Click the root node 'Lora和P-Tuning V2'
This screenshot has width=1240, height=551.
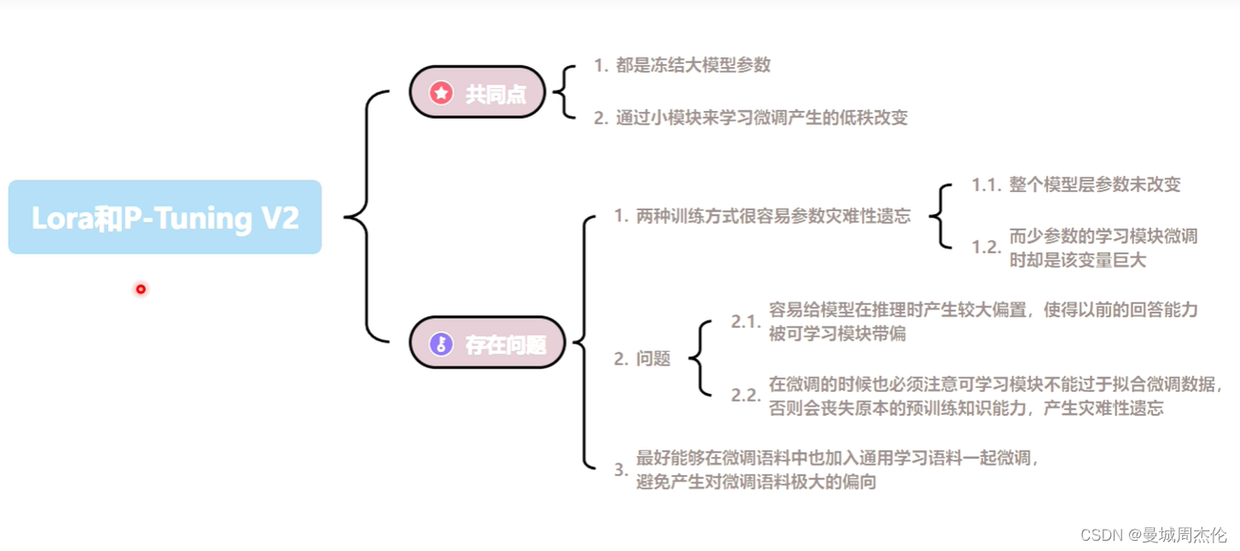pyautogui.click(x=165, y=217)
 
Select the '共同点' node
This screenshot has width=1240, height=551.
pyautogui.click(x=477, y=93)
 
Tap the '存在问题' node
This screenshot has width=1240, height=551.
pyautogui.click(x=487, y=344)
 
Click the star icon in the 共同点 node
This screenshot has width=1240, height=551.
pyautogui.click(x=440, y=93)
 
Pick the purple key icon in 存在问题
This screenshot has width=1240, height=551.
pyautogui.click(x=441, y=344)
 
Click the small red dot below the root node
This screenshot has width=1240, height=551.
pyautogui.click(x=141, y=290)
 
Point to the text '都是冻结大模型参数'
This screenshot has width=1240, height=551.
pyautogui.click(x=693, y=66)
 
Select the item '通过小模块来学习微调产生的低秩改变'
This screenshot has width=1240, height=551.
pyautogui.click(x=761, y=118)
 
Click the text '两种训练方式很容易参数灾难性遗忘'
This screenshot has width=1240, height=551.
pyautogui.click(x=773, y=216)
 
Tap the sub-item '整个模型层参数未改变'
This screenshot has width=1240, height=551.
pyautogui.click(x=1095, y=185)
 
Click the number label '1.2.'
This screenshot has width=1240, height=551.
pyautogui.click(x=987, y=248)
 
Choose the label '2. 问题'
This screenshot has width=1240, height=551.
pyautogui.click(x=642, y=359)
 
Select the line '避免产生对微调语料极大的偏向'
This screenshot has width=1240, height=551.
pyautogui.click(x=756, y=483)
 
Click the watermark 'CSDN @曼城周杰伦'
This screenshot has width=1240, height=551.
pyautogui.click(x=1153, y=535)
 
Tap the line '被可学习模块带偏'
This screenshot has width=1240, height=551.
pyautogui.click(x=837, y=334)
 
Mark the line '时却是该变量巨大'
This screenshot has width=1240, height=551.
pyautogui.click(x=1078, y=261)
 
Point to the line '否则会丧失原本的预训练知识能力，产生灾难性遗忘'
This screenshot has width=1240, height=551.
pyautogui.click(x=966, y=407)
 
